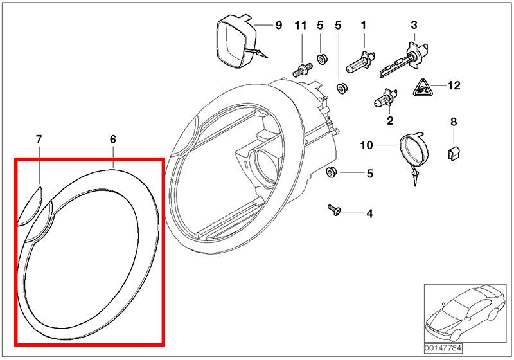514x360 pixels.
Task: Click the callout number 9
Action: coord(278,26)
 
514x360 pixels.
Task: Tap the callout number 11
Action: coord(301,26)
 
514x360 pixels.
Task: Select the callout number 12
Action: coord(454,85)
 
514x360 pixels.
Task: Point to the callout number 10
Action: coord(366,146)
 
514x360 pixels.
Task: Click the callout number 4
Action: coord(369,213)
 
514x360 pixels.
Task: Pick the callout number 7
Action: coord(39,139)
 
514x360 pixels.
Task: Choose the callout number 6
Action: coord(113,139)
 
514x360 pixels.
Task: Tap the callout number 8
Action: coord(453,122)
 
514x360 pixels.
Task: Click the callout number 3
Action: coord(414,26)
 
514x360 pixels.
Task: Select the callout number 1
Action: coord(363,26)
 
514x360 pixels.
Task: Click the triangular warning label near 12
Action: coord(421,86)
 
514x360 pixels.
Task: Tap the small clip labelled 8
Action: coord(452,152)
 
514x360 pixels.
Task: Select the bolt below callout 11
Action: coord(301,66)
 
